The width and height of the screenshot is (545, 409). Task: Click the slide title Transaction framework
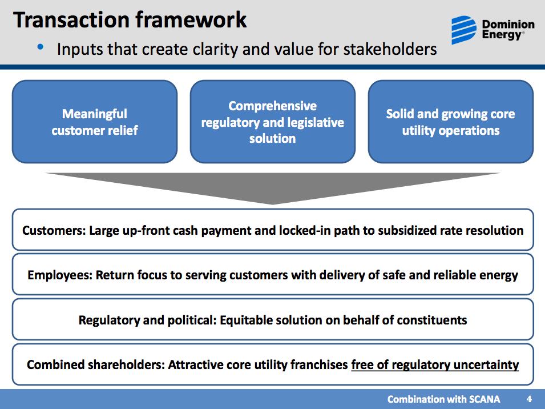tap(130, 19)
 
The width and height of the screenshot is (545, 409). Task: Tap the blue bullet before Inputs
tap(41, 47)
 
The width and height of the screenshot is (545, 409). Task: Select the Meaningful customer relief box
tap(95, 122)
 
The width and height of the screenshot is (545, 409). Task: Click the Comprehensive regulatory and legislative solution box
tap(273, 122)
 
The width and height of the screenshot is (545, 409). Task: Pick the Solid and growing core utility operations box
tap(450, 122)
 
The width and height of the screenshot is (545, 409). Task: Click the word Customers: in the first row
tap(54, 231)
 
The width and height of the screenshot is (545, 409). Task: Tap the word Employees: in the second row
tap(60, 275)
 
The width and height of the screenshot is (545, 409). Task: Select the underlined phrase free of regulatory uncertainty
tap(435, 364)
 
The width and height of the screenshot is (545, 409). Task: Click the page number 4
tap(528, 399)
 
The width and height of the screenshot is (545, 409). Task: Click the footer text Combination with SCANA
tap(443, 399)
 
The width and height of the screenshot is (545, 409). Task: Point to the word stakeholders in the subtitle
tap(390, 49)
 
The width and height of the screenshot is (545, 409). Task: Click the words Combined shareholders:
tap(96, 364)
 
